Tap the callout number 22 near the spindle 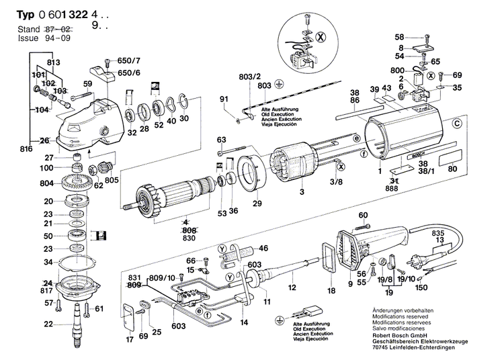tap(48, 324)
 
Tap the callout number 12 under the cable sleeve tap(292, 287)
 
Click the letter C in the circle tap(458, 124)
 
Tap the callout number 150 tap(421, 288)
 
